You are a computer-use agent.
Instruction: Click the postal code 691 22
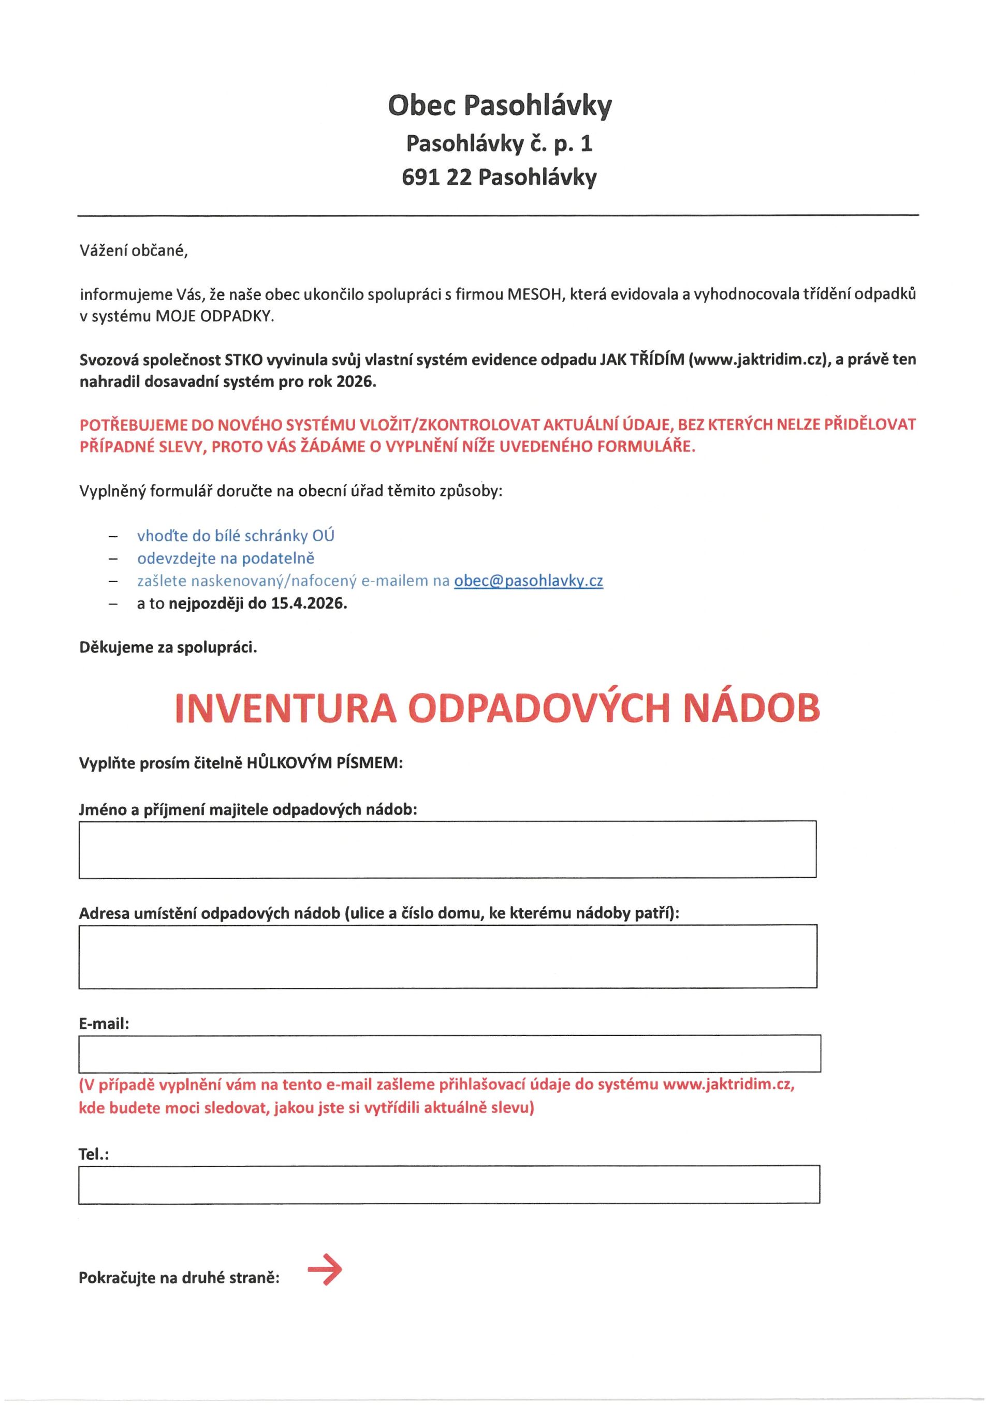(436, 178)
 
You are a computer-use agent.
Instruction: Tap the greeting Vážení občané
(134, 251)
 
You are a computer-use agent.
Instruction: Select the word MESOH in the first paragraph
(533, 295)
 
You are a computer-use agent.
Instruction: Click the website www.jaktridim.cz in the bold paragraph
(758, 360)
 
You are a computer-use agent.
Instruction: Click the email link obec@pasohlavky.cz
(528, 581)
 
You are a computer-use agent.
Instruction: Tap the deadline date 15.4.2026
(309, 603)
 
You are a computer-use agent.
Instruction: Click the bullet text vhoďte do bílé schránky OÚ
(236, 536)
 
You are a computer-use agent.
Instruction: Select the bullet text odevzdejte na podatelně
(225, 558)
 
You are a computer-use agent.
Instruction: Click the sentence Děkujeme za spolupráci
(168, 647)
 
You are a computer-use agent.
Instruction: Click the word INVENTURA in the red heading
(285, 708)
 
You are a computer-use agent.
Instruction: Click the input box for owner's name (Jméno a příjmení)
(447, 849)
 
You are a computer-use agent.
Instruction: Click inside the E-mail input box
(449, 1054)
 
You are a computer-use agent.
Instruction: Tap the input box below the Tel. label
(449, 1184)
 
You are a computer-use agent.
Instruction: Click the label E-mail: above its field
(104, 1024)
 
